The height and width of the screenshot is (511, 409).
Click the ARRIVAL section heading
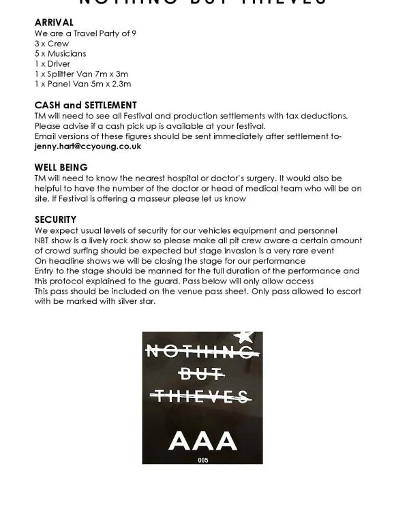coord(54,22)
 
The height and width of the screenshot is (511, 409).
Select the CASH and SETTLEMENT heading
coord(85,105)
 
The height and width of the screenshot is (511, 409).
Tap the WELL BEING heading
coord(61,167)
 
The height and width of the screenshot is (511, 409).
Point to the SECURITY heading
coord(55,219)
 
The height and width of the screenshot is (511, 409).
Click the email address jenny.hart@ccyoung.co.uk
coord(88,146)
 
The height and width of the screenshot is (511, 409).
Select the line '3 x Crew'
coord(52,43)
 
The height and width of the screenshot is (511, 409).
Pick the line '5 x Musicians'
coord(60,53)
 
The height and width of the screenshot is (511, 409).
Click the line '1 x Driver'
coord(52,63)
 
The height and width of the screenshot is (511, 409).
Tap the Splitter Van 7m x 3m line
coord(81,74)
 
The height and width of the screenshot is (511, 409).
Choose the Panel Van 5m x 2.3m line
coord(82,84)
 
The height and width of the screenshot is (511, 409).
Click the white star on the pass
coord(244,335)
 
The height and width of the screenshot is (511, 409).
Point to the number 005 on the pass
coord(202,461)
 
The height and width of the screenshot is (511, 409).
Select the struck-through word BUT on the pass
coord(202,373)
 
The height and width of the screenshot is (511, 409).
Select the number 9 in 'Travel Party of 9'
coord(134,33)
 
